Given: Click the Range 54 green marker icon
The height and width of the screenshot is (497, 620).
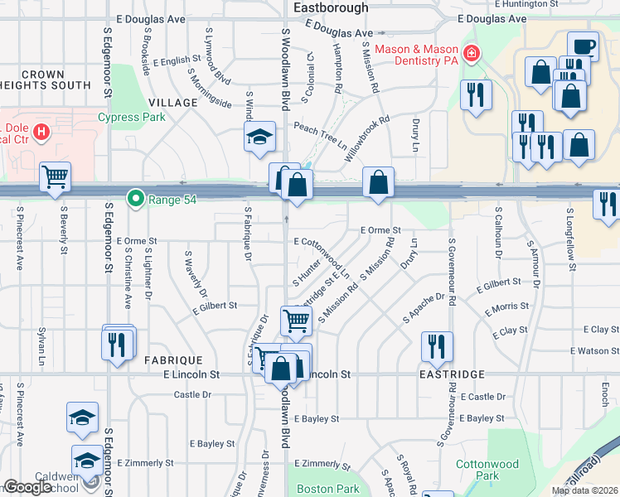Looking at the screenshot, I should [135, 199].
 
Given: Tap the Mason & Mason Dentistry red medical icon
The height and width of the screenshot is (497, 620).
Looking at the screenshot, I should [471, 54].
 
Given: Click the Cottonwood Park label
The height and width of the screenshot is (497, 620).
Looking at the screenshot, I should [487, 470].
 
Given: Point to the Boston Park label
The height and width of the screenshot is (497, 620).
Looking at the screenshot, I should [328, 489].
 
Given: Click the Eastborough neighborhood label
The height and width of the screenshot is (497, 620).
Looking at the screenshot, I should [331, 7].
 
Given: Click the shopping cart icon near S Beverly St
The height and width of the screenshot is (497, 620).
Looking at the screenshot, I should [55, 176].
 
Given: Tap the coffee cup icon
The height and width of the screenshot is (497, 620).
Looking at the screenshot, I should [583, 46].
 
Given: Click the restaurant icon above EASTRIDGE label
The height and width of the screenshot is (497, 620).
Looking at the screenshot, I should [436, 346].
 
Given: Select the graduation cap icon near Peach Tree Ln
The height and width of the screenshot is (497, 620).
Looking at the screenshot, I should [259, 137].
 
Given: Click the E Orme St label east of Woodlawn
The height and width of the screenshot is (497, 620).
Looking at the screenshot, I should [380, 230].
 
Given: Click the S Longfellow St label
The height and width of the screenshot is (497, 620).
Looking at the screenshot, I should [571, 240].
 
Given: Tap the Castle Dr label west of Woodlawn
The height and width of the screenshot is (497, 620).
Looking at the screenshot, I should [193, 394].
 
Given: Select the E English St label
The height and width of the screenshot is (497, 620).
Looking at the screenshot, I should [177, 60].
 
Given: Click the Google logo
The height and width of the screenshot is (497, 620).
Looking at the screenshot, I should [27, 487].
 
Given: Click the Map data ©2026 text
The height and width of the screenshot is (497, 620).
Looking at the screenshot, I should [584, 490].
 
